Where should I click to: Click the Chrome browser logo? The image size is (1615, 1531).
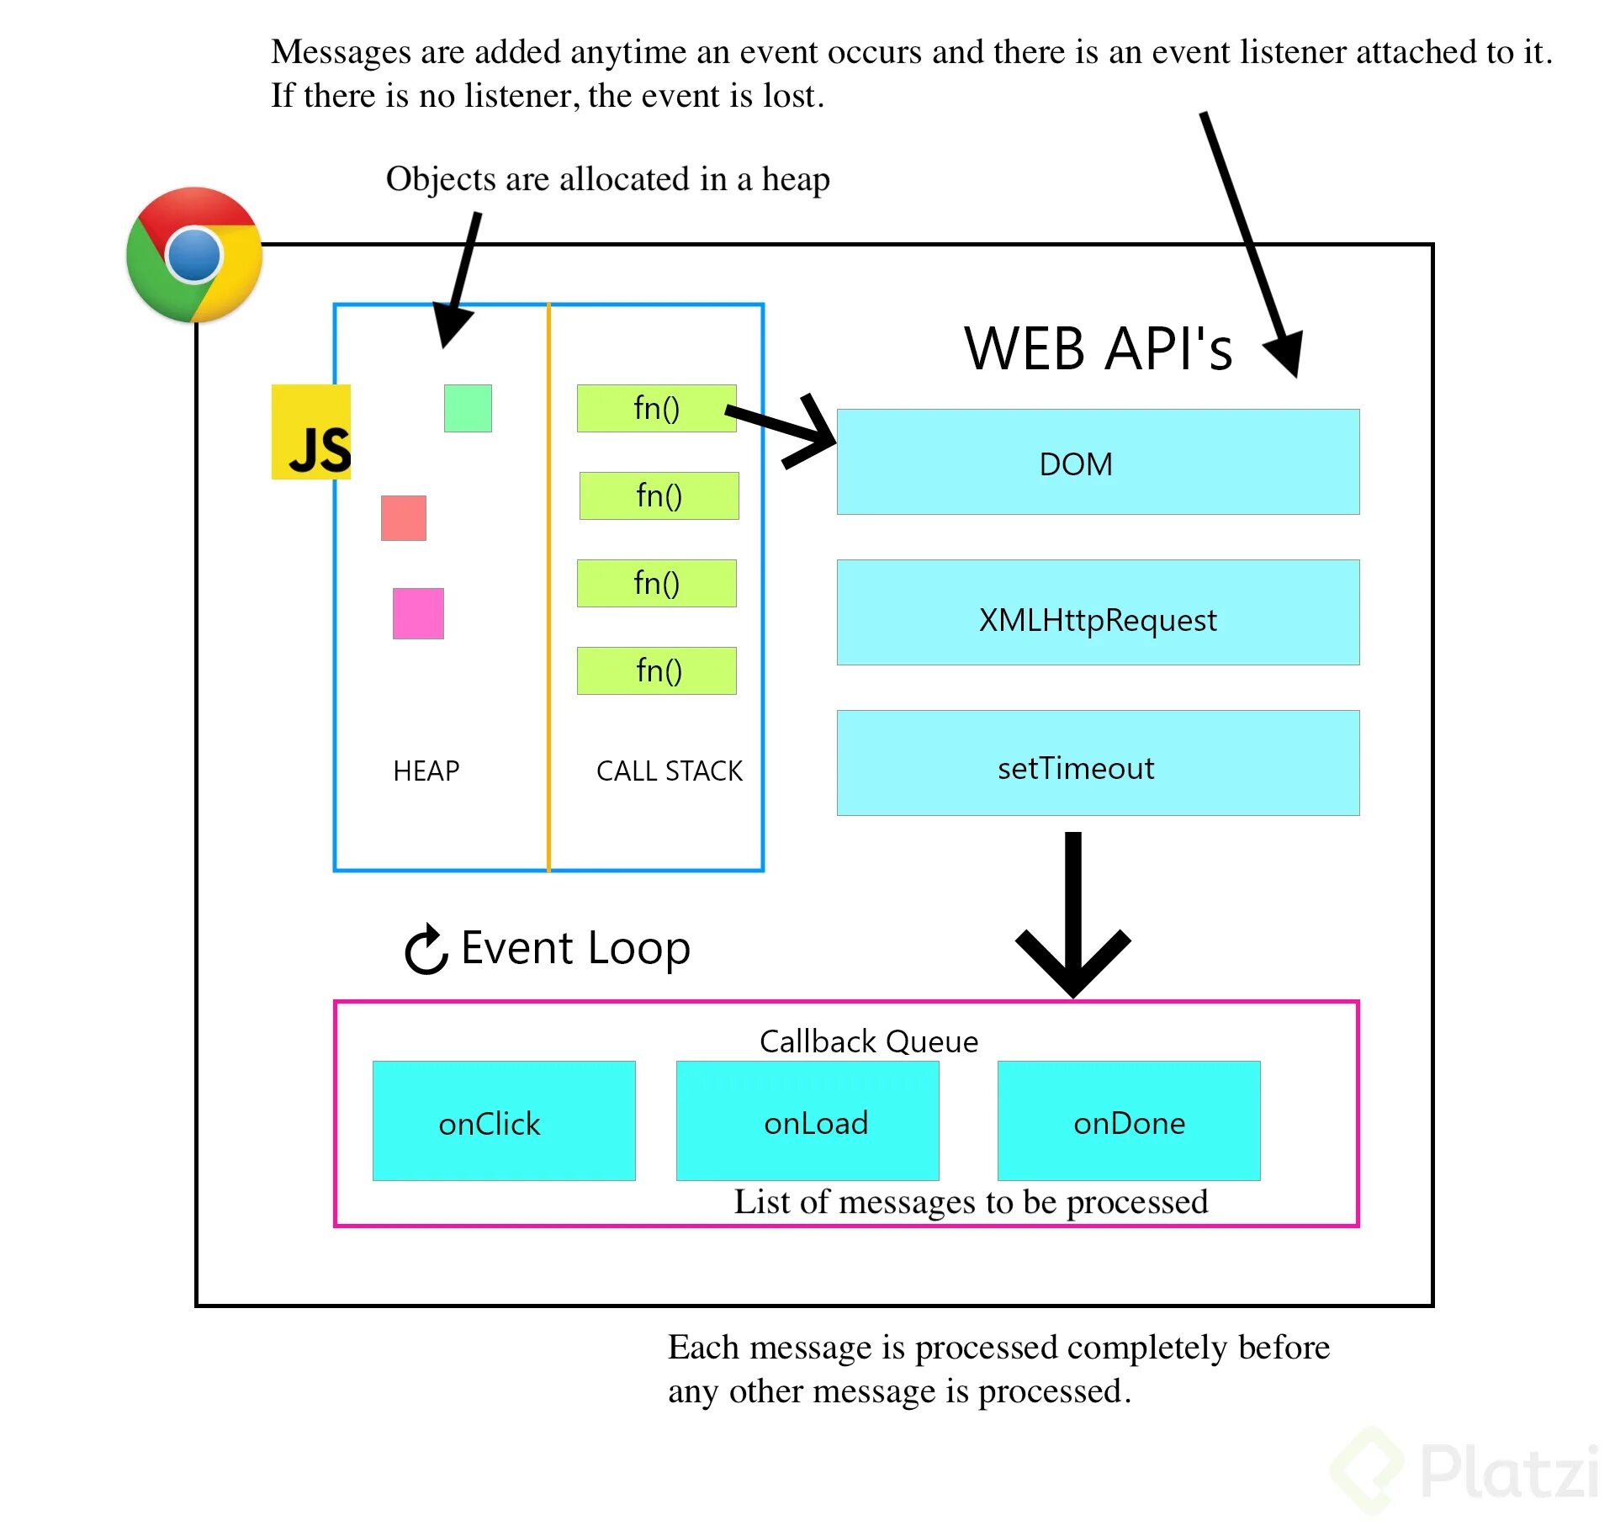pyautogui.click(x=194, y=255)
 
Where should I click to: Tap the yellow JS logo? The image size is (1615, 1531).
pyautogui.click(x=310, y=432)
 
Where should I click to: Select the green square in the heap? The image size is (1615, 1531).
pyautogui.click(x=468, y=409)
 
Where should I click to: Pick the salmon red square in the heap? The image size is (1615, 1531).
pyautogui.click(x=404, y=518)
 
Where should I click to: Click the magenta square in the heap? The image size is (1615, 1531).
pyautogui.click(x=418, y=613)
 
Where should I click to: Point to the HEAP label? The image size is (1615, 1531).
pyautogui.click(x=426, y=771)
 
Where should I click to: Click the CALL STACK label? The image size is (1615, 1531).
pyautogui.click(x=670, y=771)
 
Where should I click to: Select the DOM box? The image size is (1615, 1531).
pyautogui.click(x=1098, y=462)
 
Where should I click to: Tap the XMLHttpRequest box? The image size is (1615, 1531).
pyautogui.click(x=1098, y=612)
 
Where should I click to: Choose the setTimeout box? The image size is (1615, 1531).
pyautogui.click(x=1098, y=763)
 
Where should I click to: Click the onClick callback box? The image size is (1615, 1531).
pyautogui.click(x=504, y=1120)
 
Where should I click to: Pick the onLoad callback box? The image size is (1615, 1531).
pyautogui.click(x=807, y=1120)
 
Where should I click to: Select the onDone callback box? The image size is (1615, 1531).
pyautogui.click(x=1129, y=1120)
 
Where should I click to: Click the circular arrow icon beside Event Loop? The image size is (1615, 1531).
pyautogui.click(x=426, y=950)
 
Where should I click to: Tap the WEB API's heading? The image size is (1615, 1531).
pyautogui.click(x=1098, y=348)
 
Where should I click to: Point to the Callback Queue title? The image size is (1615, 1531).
pyautogui.click(x=869, y=1041)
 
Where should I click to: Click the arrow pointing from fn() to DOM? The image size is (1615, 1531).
pyautogui.click(x=786, y=429)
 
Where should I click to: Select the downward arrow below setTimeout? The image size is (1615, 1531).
pyautogui.click(x=1073, y=917)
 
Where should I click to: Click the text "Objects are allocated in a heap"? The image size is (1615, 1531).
pyautogui.click(x=607, y=179)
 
